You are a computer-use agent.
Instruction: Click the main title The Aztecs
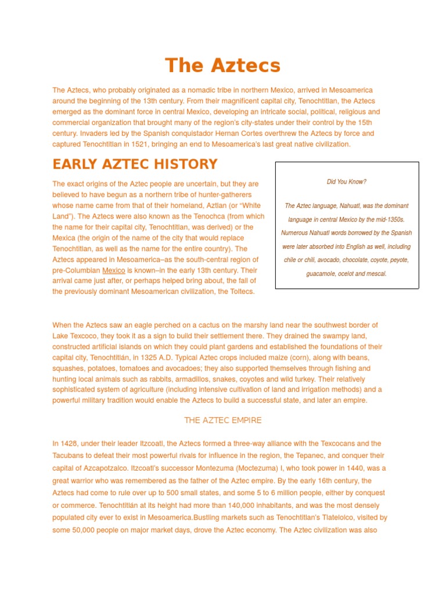[x=222, y=66]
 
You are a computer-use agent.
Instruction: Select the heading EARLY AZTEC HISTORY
[x=135, y=164]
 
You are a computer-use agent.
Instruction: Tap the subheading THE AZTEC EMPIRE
[x=222, y=420]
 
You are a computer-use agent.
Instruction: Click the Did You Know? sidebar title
[x=346, y=182]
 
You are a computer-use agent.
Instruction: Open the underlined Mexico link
[x=113, y=270]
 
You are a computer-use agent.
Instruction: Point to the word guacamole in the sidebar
[x=323, y=274]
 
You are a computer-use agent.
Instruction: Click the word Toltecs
[x=242, y=292]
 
